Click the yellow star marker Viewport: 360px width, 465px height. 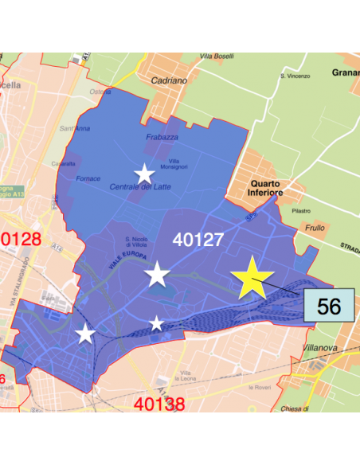pyautogui.click(x=252, y=278)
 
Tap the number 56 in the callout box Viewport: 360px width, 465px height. pyautogui.click(x=328, y=306)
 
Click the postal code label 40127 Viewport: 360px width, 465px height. pyautogui.click(x=200, y=239)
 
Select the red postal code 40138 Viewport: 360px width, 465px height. pyautogui.click(x=160, y=404)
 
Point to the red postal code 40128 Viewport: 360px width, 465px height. pyautogui.click(x=22, y=239)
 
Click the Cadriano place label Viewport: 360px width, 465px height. pyautogui.click(x=169, y=80)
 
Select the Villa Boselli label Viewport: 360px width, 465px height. pyautogui.click(x=217, y=57)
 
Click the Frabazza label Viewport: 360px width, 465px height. pyautogui.click(x=162, y=137)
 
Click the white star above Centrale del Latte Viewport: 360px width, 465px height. pyautogui.click(x=144, y=174)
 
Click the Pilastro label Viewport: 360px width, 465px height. pyautogui.click(x=300, y=210)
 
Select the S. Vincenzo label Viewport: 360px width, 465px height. pyautogui.click(x=294, y=76)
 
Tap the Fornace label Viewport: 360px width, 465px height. pyautogui.click(x=88, y=178)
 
